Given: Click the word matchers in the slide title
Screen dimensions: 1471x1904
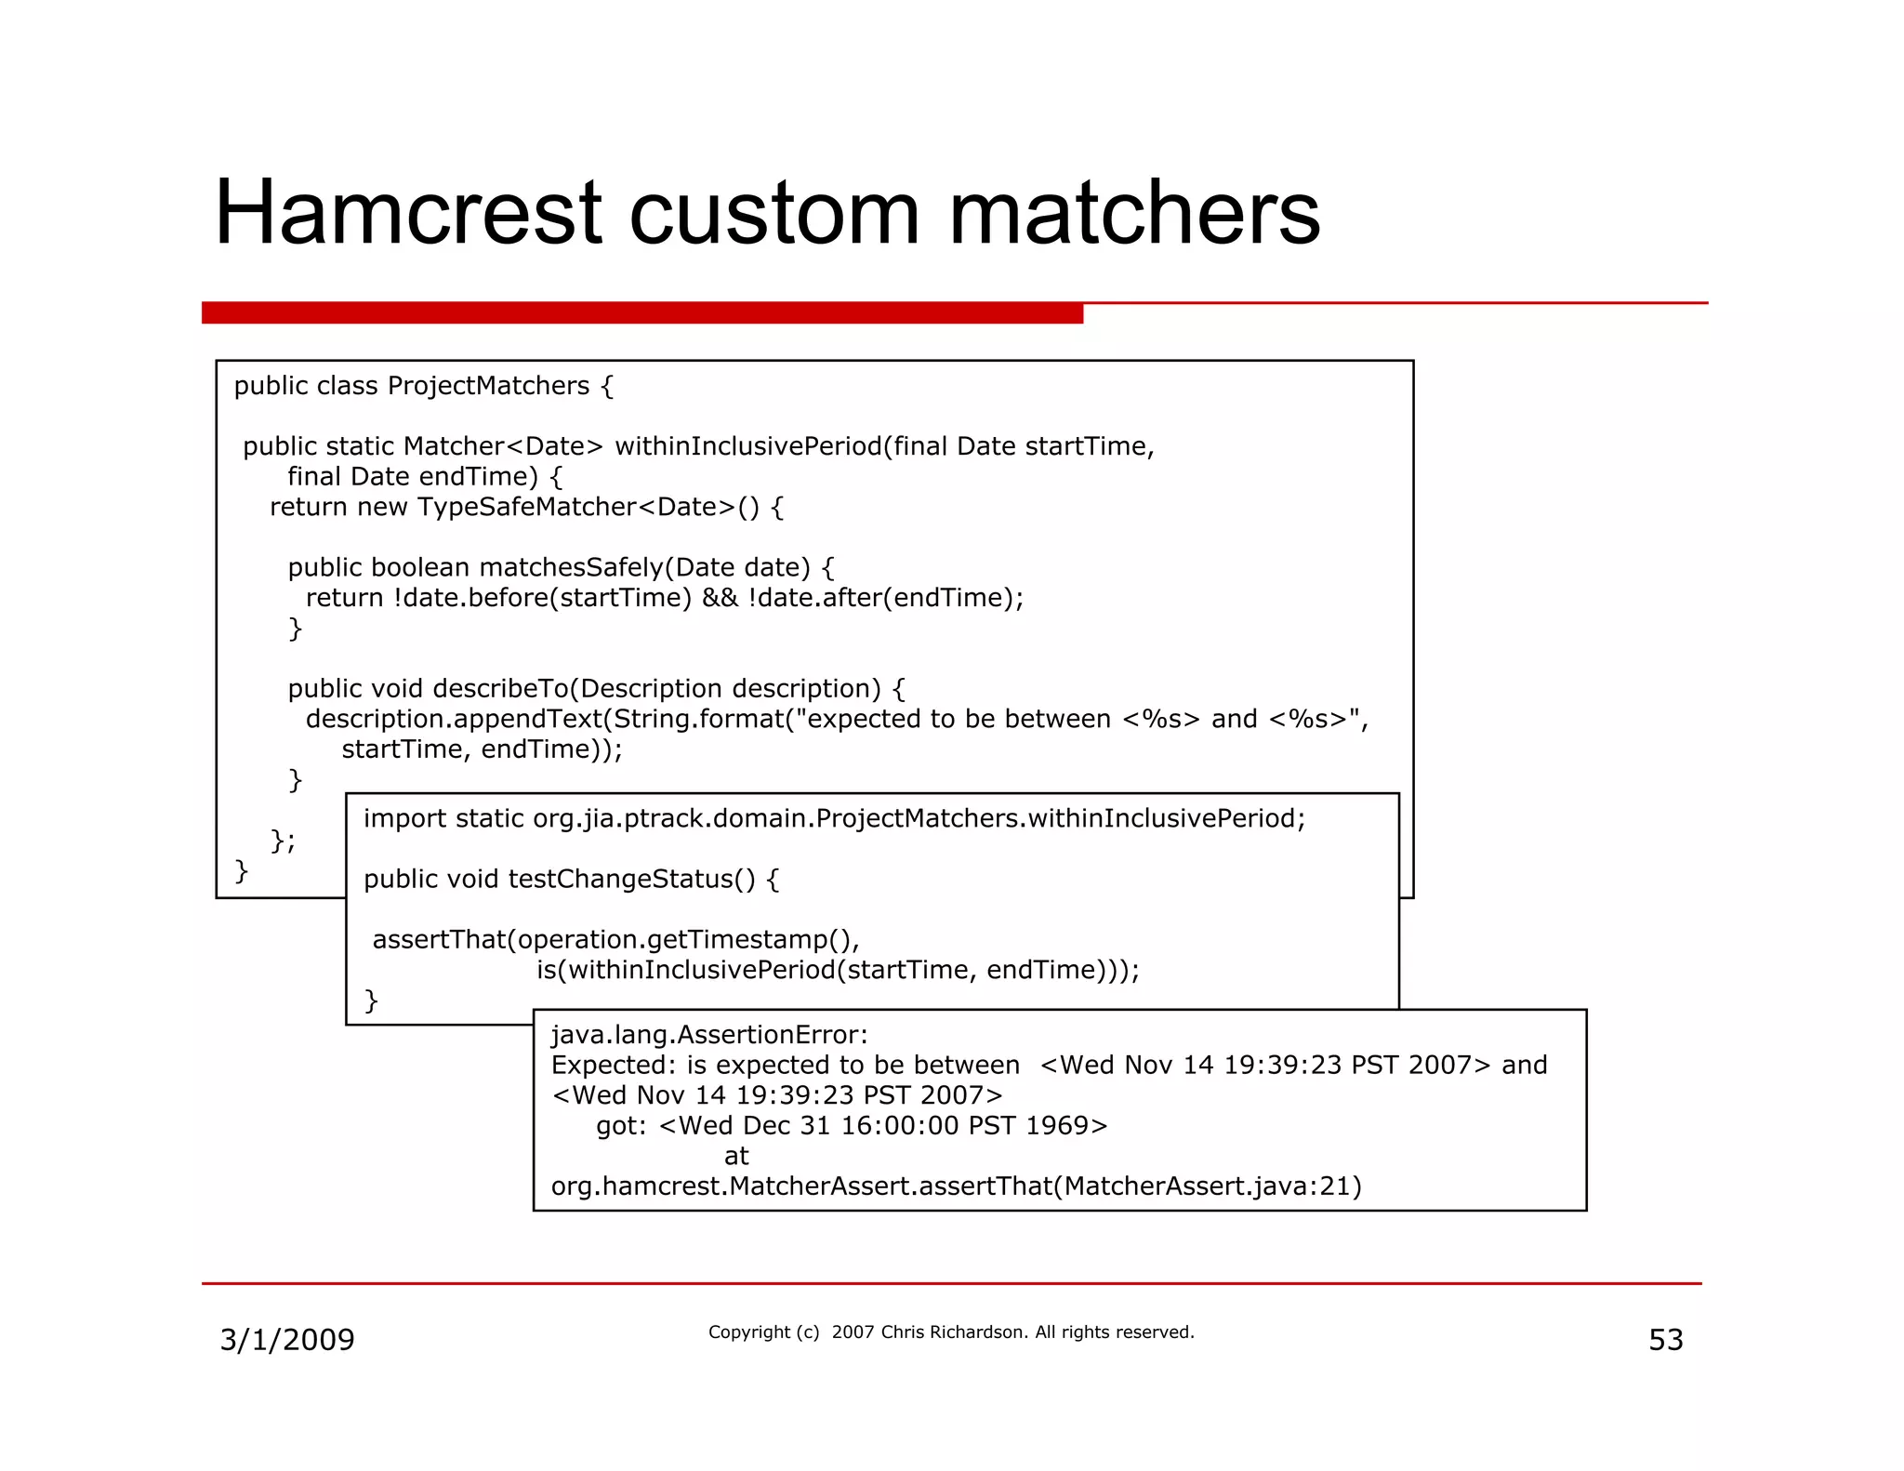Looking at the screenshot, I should point(1133,213).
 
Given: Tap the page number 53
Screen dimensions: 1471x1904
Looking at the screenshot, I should point(1665,1340).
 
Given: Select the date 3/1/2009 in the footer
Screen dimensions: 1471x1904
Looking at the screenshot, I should point(286,1340).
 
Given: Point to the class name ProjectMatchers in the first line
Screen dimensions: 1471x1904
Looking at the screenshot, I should point(488,386).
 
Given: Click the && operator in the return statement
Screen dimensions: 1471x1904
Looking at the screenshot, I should point(720,598).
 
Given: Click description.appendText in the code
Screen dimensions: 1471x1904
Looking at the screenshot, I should point(455,719).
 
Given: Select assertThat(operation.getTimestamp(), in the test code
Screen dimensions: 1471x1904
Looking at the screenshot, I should point(615,940).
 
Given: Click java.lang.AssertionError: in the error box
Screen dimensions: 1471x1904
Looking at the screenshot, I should point(709,1035).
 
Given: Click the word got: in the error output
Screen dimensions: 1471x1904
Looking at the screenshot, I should point(621,1126).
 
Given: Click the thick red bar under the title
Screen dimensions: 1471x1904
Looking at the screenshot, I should point(641,312).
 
